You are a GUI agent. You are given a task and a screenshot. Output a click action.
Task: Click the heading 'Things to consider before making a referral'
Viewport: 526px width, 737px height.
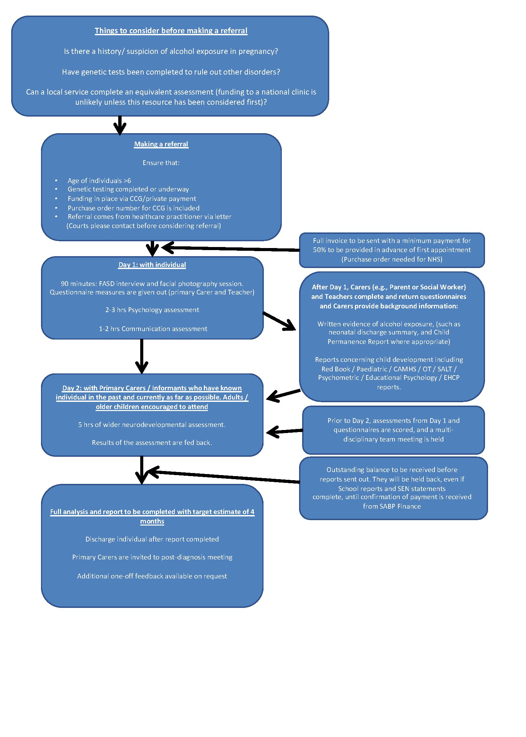[x=171, y=31]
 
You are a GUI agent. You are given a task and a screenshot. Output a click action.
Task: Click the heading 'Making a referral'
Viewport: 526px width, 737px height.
[x=161, y=144]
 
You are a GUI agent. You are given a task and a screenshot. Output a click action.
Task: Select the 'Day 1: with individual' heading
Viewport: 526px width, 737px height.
[x=152, y=265]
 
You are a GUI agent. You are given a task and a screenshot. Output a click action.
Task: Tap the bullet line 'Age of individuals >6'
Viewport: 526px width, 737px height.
[x=99, y=181]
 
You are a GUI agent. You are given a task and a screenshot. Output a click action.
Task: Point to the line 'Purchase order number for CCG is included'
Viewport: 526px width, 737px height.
[x=133, y=208]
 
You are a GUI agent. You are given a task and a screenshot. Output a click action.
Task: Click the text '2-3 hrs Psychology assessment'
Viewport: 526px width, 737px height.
[x=152, y=310]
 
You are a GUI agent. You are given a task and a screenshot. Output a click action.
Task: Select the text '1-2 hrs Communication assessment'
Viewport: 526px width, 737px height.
[x=153, y=329]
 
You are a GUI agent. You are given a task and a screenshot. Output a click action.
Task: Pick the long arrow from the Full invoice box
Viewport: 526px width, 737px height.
[x=230, y=249]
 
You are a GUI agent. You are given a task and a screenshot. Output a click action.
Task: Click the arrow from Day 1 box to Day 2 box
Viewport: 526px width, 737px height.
[x=142, y=356]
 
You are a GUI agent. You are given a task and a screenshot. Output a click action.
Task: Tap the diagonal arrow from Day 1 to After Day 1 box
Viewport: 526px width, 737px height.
[x=279, y=321]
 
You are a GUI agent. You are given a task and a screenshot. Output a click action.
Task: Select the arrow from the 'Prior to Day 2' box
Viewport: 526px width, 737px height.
[x=285, y=431]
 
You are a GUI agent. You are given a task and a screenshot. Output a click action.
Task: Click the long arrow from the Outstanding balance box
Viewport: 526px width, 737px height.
[x=224, y=476]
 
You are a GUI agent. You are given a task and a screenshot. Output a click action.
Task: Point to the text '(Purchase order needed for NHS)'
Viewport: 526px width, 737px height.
[x=392, y=259]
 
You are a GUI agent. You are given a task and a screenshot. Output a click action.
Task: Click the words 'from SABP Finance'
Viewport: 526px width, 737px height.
[x=392, y=506]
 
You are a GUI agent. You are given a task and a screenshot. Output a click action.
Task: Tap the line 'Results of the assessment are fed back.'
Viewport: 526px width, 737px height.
[x=152, y=443]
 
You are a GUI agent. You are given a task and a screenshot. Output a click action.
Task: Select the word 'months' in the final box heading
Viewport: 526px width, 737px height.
[x=152, y=521]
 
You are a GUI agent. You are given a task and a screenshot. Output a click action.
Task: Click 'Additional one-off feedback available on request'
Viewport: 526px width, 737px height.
[x=152, y=576]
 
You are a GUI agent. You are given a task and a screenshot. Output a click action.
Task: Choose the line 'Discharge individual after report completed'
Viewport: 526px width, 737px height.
[x=152, y=539]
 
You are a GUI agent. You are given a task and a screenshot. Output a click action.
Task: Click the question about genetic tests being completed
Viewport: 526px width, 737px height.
[x=171, y=72]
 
